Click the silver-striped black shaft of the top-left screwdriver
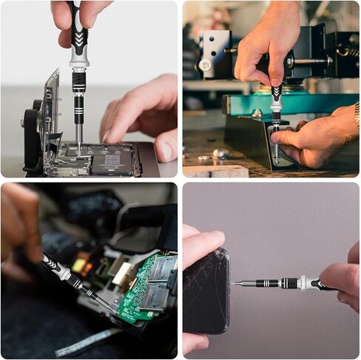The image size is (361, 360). (78, 103)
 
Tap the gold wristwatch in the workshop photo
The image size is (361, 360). (357, 115)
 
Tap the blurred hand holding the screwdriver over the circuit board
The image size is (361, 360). (18, 229)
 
